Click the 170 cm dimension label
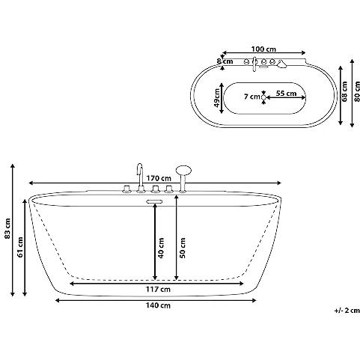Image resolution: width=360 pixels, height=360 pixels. pos(159,178)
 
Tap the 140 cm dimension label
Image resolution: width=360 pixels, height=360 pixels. pos(158,305)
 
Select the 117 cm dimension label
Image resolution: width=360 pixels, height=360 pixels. pos(158,289)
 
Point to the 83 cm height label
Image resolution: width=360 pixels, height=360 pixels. pos(7,228)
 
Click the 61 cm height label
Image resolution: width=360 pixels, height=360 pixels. pos(20,247)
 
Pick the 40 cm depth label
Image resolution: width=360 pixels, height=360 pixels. pos(161,248)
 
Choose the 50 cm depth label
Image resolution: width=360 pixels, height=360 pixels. pos(183,248)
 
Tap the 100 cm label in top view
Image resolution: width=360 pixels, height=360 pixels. pos(263,49)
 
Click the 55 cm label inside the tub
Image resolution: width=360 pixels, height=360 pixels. pos(286,94)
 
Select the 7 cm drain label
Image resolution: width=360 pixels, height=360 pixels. pos(252,97)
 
